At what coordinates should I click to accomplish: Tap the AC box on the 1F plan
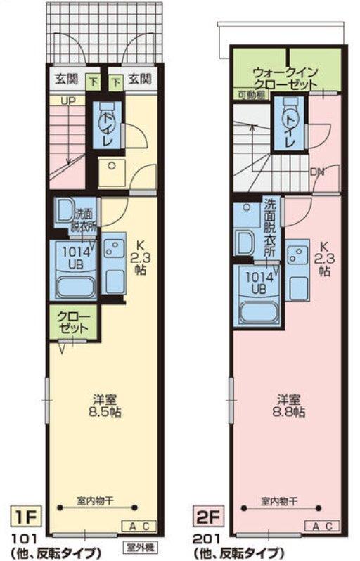point(139,527)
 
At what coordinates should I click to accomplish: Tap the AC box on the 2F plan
point(323,527)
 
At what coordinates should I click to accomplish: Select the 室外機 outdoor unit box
point(141,548)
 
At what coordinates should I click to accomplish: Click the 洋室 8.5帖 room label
point(105,406)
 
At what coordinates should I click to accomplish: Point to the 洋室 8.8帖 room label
point(289,406)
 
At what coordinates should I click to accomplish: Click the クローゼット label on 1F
point(73,323)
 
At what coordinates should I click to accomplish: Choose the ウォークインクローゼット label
point(285,78)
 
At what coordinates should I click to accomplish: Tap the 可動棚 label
point(251,94)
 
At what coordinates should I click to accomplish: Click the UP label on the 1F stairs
point(68,101)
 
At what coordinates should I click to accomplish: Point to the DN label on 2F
point(317,172)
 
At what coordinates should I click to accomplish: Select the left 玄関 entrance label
point(67,79)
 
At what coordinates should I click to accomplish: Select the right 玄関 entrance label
point(141,79)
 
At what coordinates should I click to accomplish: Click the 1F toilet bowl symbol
point(107,117)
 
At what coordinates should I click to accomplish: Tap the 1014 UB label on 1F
point(76,258)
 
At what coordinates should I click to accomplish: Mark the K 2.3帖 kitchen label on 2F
point(324,259)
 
